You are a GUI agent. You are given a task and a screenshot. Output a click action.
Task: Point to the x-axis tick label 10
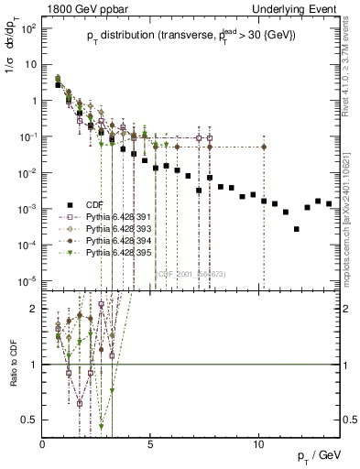tap(259, 443)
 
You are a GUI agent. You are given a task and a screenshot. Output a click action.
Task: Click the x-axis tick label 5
tap(151, 443)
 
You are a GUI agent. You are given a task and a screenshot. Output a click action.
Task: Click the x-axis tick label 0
tap(43, 443)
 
